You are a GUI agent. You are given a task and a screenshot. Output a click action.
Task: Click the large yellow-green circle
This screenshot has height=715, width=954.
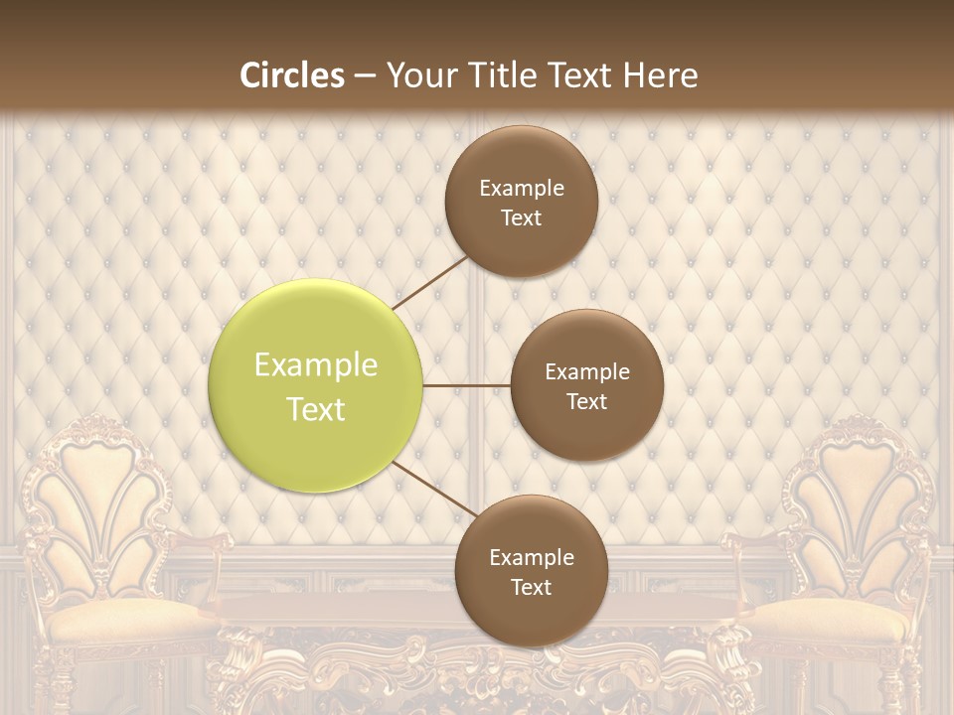pyautogui.click(x=316, y=385)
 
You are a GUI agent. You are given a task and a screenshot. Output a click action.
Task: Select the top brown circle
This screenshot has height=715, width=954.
pyautogui.click(x=522, y=201)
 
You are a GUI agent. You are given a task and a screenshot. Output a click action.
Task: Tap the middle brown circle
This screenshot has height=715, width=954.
pyautogui.click(x=586, y=385)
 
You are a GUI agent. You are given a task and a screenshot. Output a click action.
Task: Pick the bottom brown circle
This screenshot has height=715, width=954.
pyautogui.click(x=531, y=571)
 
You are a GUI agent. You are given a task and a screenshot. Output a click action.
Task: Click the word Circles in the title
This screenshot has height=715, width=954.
pyautogui.click(x=292, y=75)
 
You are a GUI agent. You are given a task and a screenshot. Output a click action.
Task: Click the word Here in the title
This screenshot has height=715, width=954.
pyautogui.click(x=660, y=75)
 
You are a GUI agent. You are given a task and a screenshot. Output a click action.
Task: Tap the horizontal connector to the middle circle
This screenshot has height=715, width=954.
pyautogui.click(x=467, y=385)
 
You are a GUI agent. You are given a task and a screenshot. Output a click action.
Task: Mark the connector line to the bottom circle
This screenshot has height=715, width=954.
pyautogui.click(x=433, y=489)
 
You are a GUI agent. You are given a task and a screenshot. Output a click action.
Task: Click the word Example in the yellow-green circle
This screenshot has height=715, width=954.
pyautogui.click(x=316, y=365)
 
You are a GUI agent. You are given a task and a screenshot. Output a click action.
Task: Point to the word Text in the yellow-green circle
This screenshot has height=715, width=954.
pyautogui.click(x=316, y=409)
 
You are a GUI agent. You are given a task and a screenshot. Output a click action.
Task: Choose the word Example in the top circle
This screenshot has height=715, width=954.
pyautogui.click(x=522, y=189)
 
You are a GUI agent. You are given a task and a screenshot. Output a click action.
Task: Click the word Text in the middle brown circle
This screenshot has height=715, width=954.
pyautogui.click(x=586, y=401)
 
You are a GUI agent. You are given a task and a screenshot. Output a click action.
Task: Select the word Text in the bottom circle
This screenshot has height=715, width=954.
pyautogui.click(x=531, y=587)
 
